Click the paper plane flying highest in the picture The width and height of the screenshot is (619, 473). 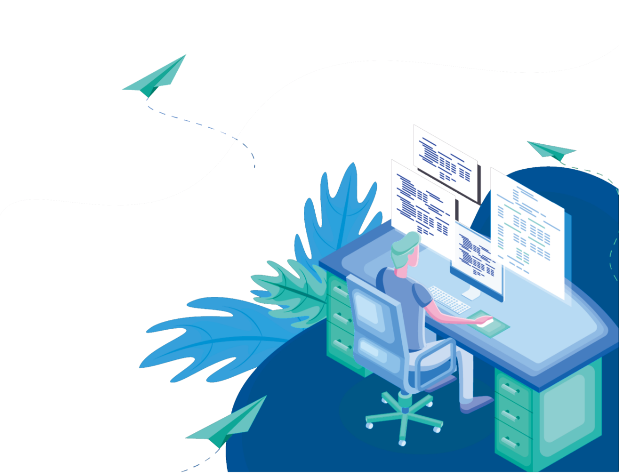pos(159,77)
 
